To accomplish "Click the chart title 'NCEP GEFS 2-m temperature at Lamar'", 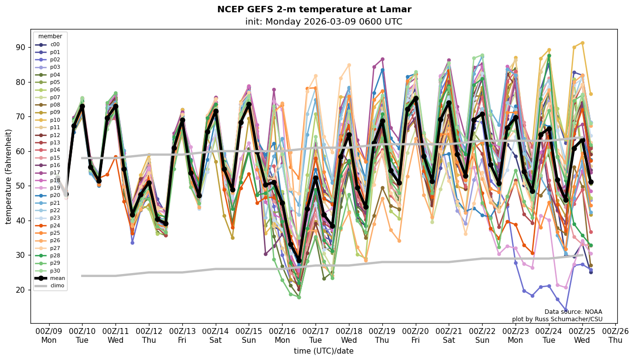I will [314, 9].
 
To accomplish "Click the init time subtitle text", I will [323, 22].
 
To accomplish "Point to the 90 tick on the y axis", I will [20, 47].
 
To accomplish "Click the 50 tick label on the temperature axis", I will [20, 186].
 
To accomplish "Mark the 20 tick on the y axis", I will [20, 290].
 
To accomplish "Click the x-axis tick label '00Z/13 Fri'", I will [182, 335].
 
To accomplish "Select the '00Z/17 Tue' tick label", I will [316, 335].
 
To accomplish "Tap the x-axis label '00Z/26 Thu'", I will [615, 335].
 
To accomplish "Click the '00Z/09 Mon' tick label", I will [49, 335].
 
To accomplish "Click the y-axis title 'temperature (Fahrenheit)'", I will [9, 176].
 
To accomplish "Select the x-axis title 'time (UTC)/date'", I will [323, 351].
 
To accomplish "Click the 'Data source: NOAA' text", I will [573, 312].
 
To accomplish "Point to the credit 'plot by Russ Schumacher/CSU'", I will [557, 319].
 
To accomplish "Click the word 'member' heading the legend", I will [50, 36].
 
